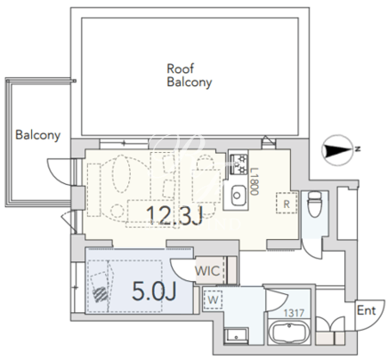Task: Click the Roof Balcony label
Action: click(190, 76)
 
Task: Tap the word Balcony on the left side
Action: click(37, 135)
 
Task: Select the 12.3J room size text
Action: click(174, 215)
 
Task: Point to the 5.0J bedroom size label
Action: click(154, 291)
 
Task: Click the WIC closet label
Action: click(207, 271)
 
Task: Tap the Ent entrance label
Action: click(367, 310)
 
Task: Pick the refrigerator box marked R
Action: click(287, 203)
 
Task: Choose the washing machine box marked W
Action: click(213, 300)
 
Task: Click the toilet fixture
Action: click(314, 204)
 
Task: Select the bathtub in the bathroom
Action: click(289, 332)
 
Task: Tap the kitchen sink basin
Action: click(238, 196)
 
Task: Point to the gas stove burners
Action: click(238, 164)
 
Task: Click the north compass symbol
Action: click(339, 150)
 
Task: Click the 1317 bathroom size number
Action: click(294, 313)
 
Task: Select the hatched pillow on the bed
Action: click(100, 295)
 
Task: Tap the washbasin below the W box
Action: click(236, 337)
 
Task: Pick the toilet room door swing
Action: click(309, 252)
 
